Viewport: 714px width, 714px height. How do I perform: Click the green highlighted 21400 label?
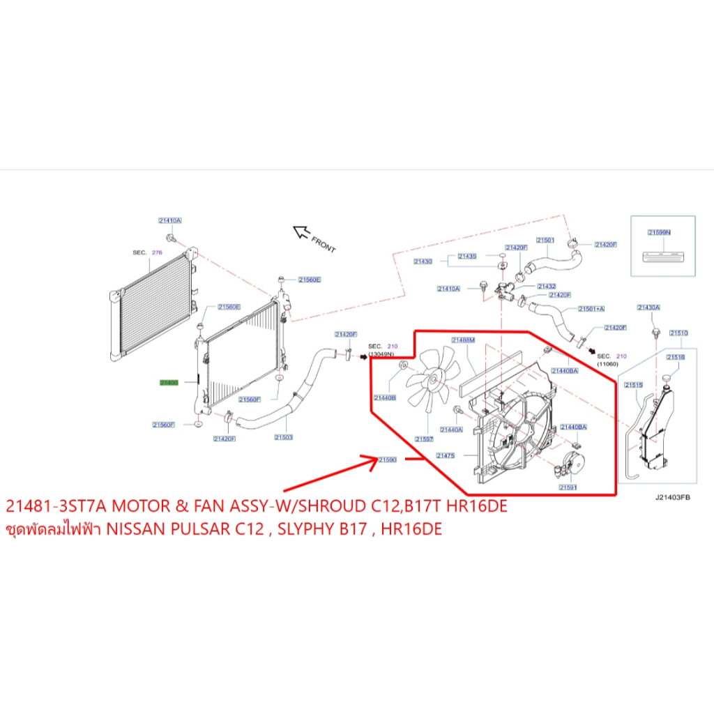pyautogui.click(x=169, y=383)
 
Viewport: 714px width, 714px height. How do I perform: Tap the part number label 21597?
pyautogui.click(x=424, y=439)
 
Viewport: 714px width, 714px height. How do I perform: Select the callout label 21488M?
pyautogui.click(x=462, y=340)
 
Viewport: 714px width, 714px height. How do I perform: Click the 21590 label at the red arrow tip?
pyautogui.click(x=387, y=459)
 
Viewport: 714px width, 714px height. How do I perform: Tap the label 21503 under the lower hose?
pyautogui.click(x=283, y=437)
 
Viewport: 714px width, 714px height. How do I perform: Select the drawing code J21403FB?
pyautogui.click(x=672, y=498)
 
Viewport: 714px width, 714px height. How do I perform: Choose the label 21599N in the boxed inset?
pyautogui.click(x=659, y=232)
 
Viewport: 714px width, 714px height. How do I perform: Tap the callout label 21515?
pyautogui.click(x=633, y=385)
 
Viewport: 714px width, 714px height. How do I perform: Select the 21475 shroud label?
pyautogui.click(x=446, y=455)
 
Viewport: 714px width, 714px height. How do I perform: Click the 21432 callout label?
pyautogui.click(x=546, y=286)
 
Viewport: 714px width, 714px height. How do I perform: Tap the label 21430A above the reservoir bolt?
pyautogui.click(x=648, y=307)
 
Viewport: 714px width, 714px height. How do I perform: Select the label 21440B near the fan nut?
pyautogui.click(x=385, y=398)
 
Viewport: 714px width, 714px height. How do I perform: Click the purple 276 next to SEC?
pyautogui.click(x=157, y=252)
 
